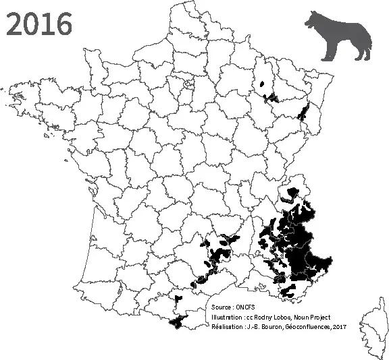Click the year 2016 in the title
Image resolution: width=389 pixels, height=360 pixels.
(38, 24)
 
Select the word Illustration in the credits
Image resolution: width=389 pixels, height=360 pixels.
(228, 317)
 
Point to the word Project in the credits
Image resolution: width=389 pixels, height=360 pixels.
(321, 317)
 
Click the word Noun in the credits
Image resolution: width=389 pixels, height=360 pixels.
(302, 317)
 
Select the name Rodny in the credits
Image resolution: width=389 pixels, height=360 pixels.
(263, 317)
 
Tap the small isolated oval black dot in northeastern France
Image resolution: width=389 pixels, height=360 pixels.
(261, 84)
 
